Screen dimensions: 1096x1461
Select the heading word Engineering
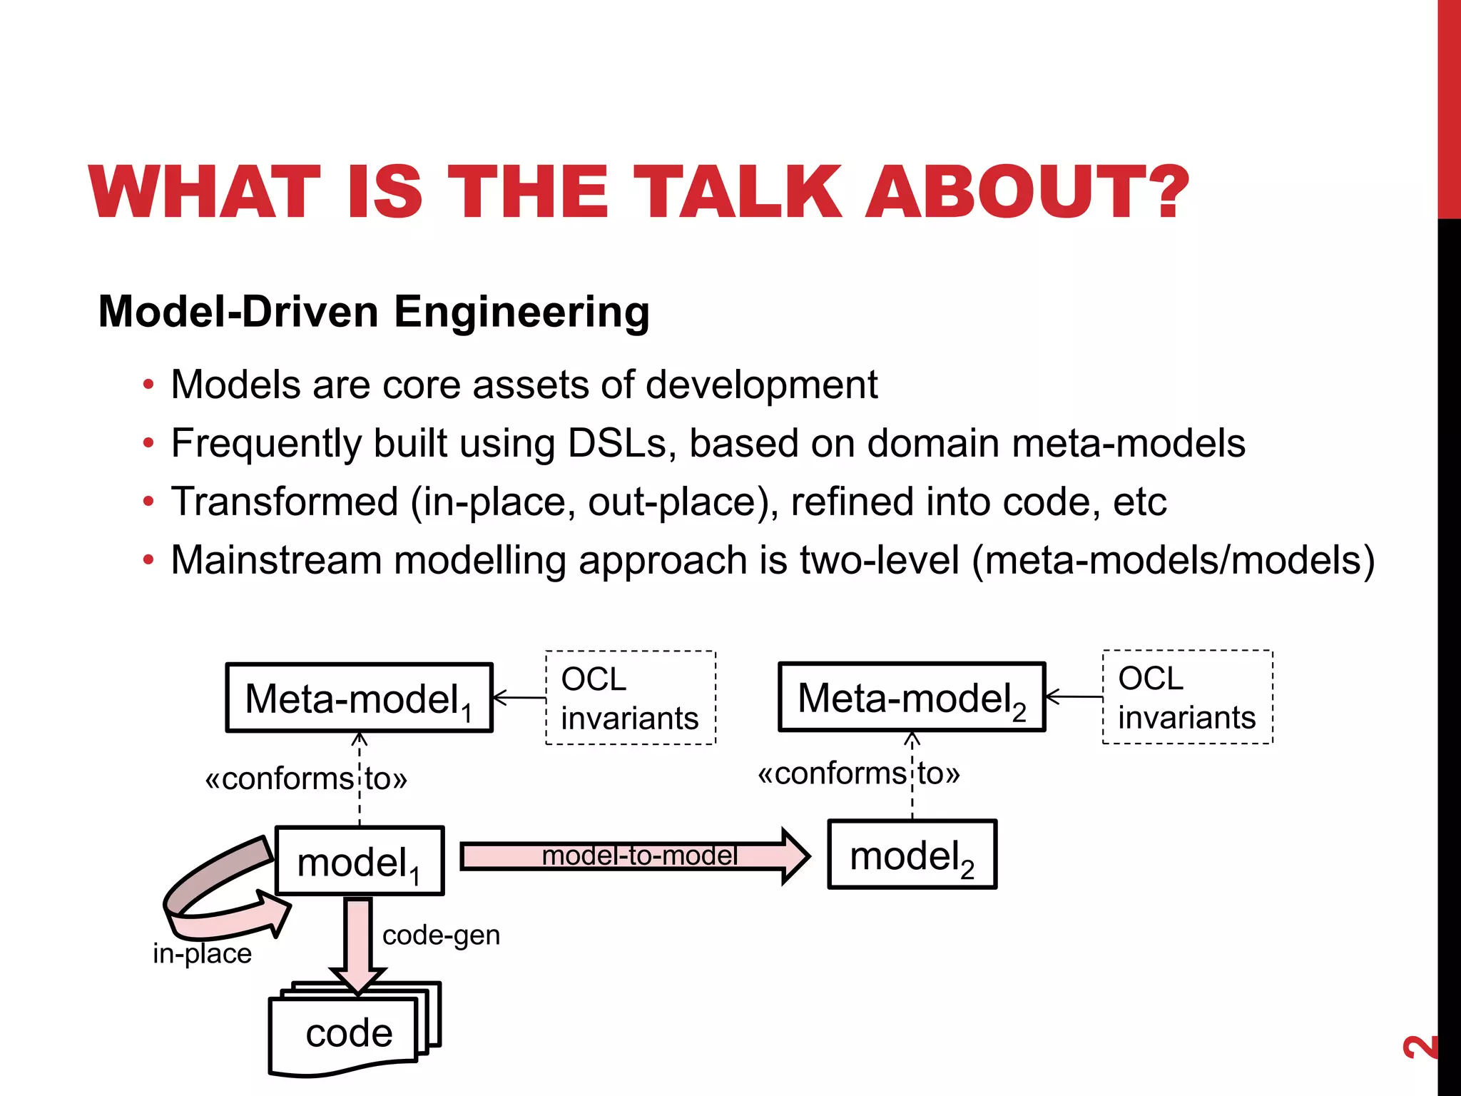pos(521,312)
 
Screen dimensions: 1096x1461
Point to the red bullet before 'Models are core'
pos(148,385)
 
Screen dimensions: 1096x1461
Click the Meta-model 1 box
pos(360,698)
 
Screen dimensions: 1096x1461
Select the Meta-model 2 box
pos(912,697)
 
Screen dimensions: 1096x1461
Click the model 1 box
pos(360,861)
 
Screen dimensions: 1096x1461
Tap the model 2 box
pos(912,855)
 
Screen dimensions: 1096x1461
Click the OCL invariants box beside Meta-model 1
pos(630,698)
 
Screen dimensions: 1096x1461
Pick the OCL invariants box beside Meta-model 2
pos(1187,697)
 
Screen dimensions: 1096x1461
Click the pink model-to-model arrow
pos(635,856)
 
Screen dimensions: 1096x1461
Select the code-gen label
pos(441,935)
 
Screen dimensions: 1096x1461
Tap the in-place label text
pos(202,953)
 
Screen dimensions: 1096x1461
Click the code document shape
pos(349,1033)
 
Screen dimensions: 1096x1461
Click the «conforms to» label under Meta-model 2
pos(858,773)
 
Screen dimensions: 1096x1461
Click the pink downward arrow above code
pos(358,942)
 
